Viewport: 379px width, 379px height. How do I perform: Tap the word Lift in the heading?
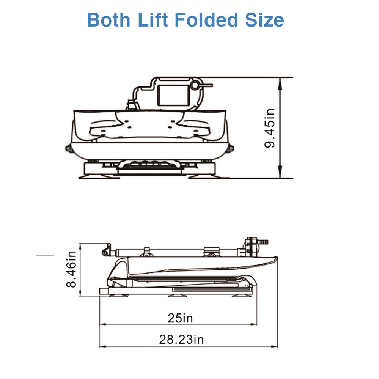coord(153,19)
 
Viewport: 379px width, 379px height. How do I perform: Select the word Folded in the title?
coord(207,19)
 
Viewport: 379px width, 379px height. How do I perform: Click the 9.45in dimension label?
coord(270,128)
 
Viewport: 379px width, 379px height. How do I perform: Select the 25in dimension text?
coord(180,318)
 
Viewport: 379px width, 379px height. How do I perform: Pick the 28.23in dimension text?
coord(181,339)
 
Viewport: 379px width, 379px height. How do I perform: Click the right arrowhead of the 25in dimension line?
coord(255,325)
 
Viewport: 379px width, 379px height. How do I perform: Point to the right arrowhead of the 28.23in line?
coord(275,346)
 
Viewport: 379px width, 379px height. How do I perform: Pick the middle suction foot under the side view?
coord(176,294)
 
